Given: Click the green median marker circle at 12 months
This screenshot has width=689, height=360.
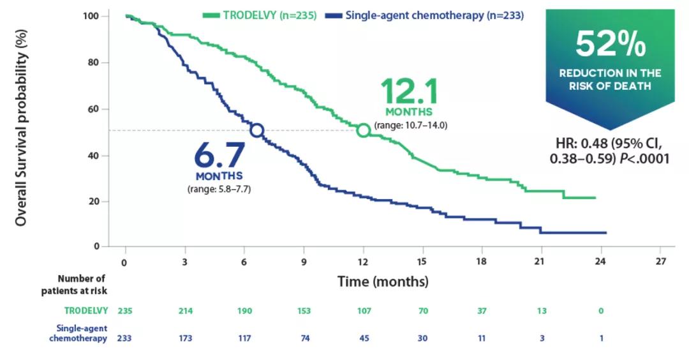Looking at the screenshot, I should click(x=363, y=130).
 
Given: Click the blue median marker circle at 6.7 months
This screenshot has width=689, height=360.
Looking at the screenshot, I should click(x=256, y=130).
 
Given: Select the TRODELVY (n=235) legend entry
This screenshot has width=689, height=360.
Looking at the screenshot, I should click(x=259, y=16).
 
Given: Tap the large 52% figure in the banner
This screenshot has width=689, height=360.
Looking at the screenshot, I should click(x=610, y=44).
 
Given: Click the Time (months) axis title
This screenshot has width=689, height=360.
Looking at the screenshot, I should click(x=383, y=281).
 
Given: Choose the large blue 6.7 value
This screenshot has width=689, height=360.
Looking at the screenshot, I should click(x=219, y=156).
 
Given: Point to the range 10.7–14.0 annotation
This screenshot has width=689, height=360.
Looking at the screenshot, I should click(x=411, y=125).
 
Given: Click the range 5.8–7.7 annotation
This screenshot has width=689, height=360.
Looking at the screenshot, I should click(x=219, y=189).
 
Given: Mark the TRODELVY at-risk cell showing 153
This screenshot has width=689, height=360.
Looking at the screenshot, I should click(x=303, y=311).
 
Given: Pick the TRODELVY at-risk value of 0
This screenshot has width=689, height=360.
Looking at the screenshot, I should click(x=600, y=311).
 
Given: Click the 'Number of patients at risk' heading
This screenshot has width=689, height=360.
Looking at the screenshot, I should click(x=81, y=285).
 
